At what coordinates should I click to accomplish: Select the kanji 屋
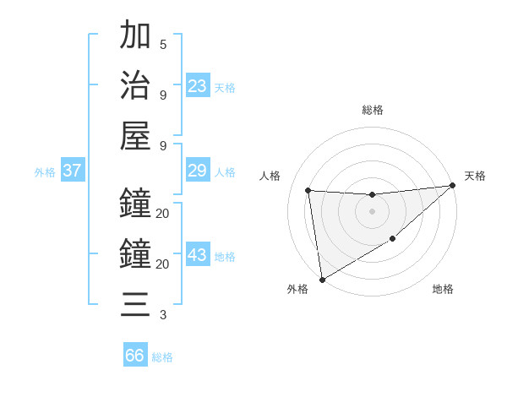135,136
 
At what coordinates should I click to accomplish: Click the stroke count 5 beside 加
163,44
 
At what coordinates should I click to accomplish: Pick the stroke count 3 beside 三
163,315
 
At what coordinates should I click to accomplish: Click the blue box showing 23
198,86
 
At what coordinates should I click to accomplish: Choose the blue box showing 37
73,171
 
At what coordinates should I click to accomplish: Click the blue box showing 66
135,356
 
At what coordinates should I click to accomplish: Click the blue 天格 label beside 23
225,88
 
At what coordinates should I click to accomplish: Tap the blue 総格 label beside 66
162,357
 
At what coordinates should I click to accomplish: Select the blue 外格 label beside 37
45,172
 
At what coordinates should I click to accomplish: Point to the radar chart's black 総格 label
373,110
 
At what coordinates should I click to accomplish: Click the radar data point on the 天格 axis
452,185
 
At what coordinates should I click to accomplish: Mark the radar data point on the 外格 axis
322,280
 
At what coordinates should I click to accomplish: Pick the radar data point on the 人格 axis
308,190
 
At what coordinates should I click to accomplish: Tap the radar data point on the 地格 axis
393,240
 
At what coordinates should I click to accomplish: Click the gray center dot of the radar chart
372,211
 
